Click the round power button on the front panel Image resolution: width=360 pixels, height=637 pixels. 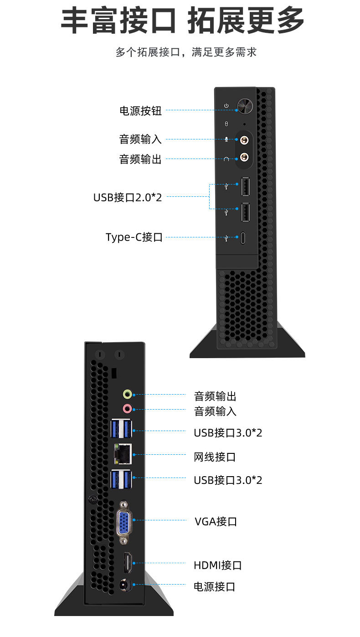(244, 106)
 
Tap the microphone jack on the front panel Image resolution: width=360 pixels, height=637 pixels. (245, 139)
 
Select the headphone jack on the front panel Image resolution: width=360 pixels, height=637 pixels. (245, 158)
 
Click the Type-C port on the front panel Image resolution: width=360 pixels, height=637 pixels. (244, 237)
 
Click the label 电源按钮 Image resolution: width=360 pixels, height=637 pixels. (140, 111)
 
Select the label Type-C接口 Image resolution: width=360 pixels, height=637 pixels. (134, 237)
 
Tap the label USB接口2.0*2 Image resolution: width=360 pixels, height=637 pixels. (128, 197)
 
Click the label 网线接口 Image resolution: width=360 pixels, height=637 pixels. (215, 457)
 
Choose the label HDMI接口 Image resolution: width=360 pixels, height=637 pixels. (217, 565)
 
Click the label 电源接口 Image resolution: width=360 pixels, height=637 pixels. (214, 586)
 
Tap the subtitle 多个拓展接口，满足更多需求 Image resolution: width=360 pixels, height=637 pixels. (186, 52)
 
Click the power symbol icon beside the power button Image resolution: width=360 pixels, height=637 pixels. (226, 106)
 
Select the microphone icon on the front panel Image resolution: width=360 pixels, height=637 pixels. (226, 139)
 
